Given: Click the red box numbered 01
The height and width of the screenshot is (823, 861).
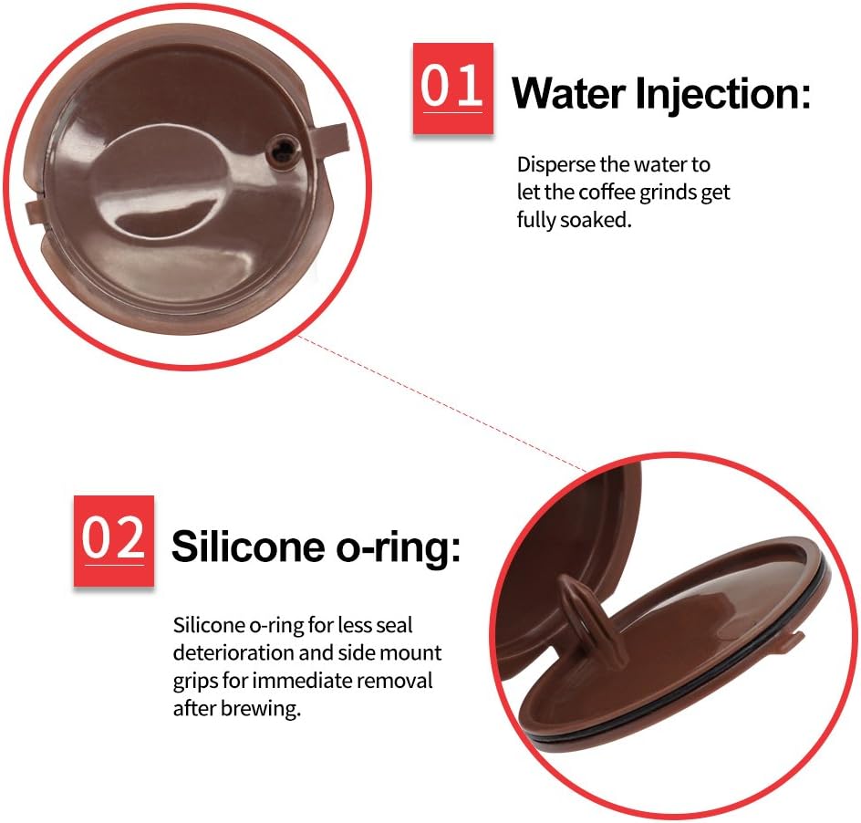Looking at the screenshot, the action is click(x=453, y=89).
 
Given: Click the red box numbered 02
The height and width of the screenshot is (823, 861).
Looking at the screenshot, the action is click(x=114, y=541).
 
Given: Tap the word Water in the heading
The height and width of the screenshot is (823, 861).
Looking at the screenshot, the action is click(x=568, y=94).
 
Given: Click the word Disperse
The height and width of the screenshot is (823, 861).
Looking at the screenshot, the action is click(x=556, y=165).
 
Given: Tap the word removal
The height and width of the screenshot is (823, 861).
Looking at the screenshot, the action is click(x=395, y=681).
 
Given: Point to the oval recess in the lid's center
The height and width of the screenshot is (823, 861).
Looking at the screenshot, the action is click(x=161, y=182).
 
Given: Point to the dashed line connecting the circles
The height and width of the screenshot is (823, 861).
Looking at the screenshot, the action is click(x=443, y=404).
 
